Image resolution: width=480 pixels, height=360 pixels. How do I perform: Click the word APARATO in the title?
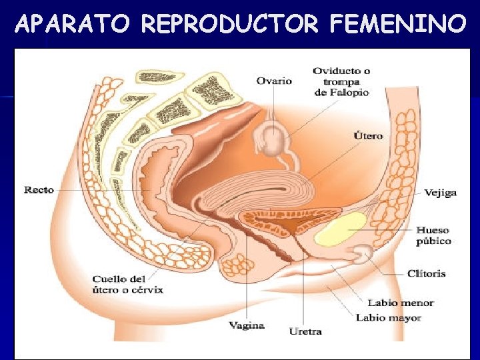point(74,25)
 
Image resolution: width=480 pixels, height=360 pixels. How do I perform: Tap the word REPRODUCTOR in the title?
point(231,25)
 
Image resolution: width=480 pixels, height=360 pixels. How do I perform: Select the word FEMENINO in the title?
point(397,25)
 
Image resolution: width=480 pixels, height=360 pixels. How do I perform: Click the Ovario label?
point(275,81)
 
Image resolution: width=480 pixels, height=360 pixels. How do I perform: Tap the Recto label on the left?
point(39,190)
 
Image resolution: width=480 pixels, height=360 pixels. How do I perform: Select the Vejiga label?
point(441,193)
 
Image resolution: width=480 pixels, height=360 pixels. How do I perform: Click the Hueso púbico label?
point(434,235)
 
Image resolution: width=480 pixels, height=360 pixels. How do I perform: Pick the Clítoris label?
point(426,273)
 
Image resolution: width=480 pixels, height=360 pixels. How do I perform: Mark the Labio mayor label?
point(389,318)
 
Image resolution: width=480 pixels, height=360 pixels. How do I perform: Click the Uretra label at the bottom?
point(305,331)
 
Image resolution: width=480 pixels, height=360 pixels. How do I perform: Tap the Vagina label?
point(247,326)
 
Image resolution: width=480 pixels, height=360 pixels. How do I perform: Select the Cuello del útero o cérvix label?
point(128,285)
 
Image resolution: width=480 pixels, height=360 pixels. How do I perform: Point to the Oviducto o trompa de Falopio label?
point(341,81)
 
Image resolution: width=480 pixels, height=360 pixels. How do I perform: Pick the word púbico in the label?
point(434,241)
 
